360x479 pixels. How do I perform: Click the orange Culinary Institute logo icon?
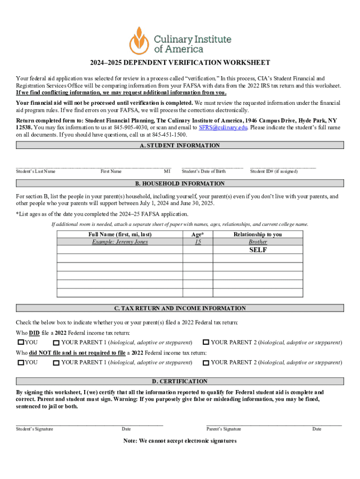pos(140,40)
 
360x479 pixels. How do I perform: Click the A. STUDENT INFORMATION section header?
pos(180,145)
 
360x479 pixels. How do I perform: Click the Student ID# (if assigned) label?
pos(274,172)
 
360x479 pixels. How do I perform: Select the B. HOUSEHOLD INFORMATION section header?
pos(180,184)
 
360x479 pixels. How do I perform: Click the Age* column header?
pos(198,234)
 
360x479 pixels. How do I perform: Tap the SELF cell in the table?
pos(258,250)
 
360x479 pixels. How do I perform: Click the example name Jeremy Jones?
pos(120,242)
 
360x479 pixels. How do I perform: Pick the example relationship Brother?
pos(258,242)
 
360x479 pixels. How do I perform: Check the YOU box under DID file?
pos(21,343)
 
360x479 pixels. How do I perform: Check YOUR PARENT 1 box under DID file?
pos(56,343)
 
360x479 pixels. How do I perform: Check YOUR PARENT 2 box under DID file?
pos(206,343)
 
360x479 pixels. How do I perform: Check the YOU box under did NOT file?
pos(21,363)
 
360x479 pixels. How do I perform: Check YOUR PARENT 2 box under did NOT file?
pos(206,363)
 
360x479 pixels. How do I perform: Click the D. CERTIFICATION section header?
pos(180,382)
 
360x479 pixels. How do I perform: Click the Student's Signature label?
pos(35,429)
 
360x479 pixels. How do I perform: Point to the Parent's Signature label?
pos(223,429)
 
